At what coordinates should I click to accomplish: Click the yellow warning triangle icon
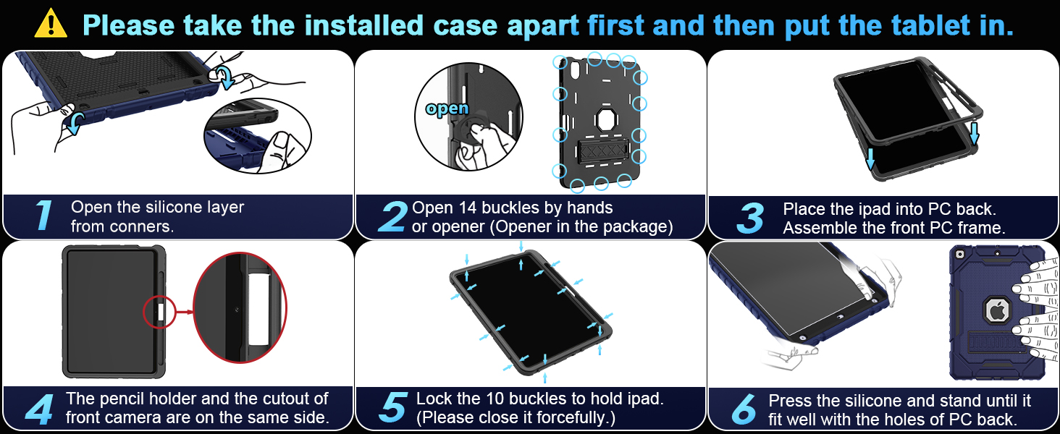(50, 23)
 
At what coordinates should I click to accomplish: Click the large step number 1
(43, 216)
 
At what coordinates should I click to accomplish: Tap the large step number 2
(392, 216)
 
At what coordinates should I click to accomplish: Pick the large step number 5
(392, 408)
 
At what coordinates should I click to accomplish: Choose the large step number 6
(744, 409)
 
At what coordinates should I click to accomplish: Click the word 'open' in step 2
(447, 109)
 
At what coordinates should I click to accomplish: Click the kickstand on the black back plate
(600, 153)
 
